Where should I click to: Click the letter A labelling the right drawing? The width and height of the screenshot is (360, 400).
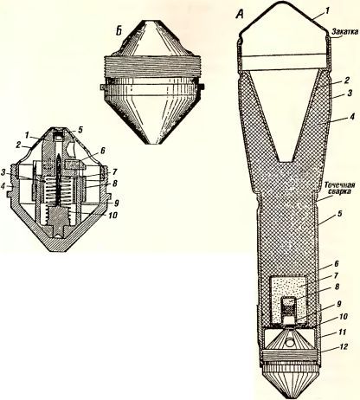pyautogui.click(x=240, y=13)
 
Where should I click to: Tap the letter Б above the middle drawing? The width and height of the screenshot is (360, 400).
pyautogui.click(x=119, y=30)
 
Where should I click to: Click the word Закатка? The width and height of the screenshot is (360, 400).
pyautogui.click(x=344, y=31)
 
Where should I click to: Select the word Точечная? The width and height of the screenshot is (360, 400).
pyautogui.click(x=339, y=184)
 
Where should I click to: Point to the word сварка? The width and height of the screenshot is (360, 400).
pyautogui.click(x=340, y=191)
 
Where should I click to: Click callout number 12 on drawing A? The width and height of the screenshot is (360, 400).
pyautogui.click(x=344, y=346)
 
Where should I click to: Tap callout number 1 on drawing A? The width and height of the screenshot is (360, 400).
pyautogui.click(x=326, y=10)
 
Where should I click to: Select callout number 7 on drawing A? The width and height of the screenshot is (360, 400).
pyautogui.click(x=336, y=275)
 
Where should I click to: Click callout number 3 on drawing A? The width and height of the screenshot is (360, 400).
pyautogui.click(x=350, y=94)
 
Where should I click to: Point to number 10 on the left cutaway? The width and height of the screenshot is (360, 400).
pyautogui.click(x=112, y=215)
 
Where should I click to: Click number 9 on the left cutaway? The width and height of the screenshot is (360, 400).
pyautogui.click(x=116, y=203)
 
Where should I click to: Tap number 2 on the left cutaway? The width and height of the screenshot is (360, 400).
pyautogui.click(x=18, y=145)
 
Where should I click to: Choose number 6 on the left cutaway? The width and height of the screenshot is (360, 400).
pyautogui.click(x=102, y=151)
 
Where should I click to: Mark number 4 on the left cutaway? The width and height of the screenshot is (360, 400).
pyautogui.click(x=3, y=187)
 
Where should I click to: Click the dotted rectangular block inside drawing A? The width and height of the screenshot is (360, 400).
pyautogui.click(x=287, y=300)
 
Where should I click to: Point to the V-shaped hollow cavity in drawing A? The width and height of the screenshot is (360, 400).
pyautogui.click(x=286, y=115)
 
